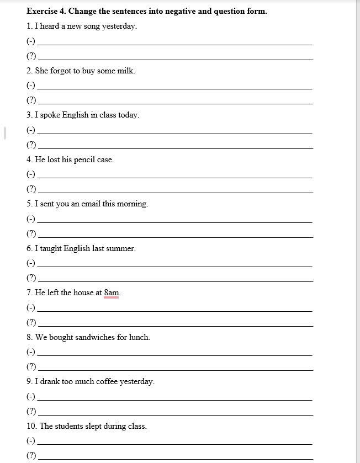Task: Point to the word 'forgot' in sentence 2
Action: tap(61, 71)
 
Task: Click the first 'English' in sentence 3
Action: tap(75, 115)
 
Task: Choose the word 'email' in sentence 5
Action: tap(91, 204)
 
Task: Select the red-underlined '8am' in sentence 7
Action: tap(112, 292)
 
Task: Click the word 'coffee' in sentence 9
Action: tap(102, 381)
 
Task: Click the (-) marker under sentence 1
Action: tap(31, 41)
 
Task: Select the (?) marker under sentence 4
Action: tap(31, 189)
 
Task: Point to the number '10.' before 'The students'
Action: tap(31, 426)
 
